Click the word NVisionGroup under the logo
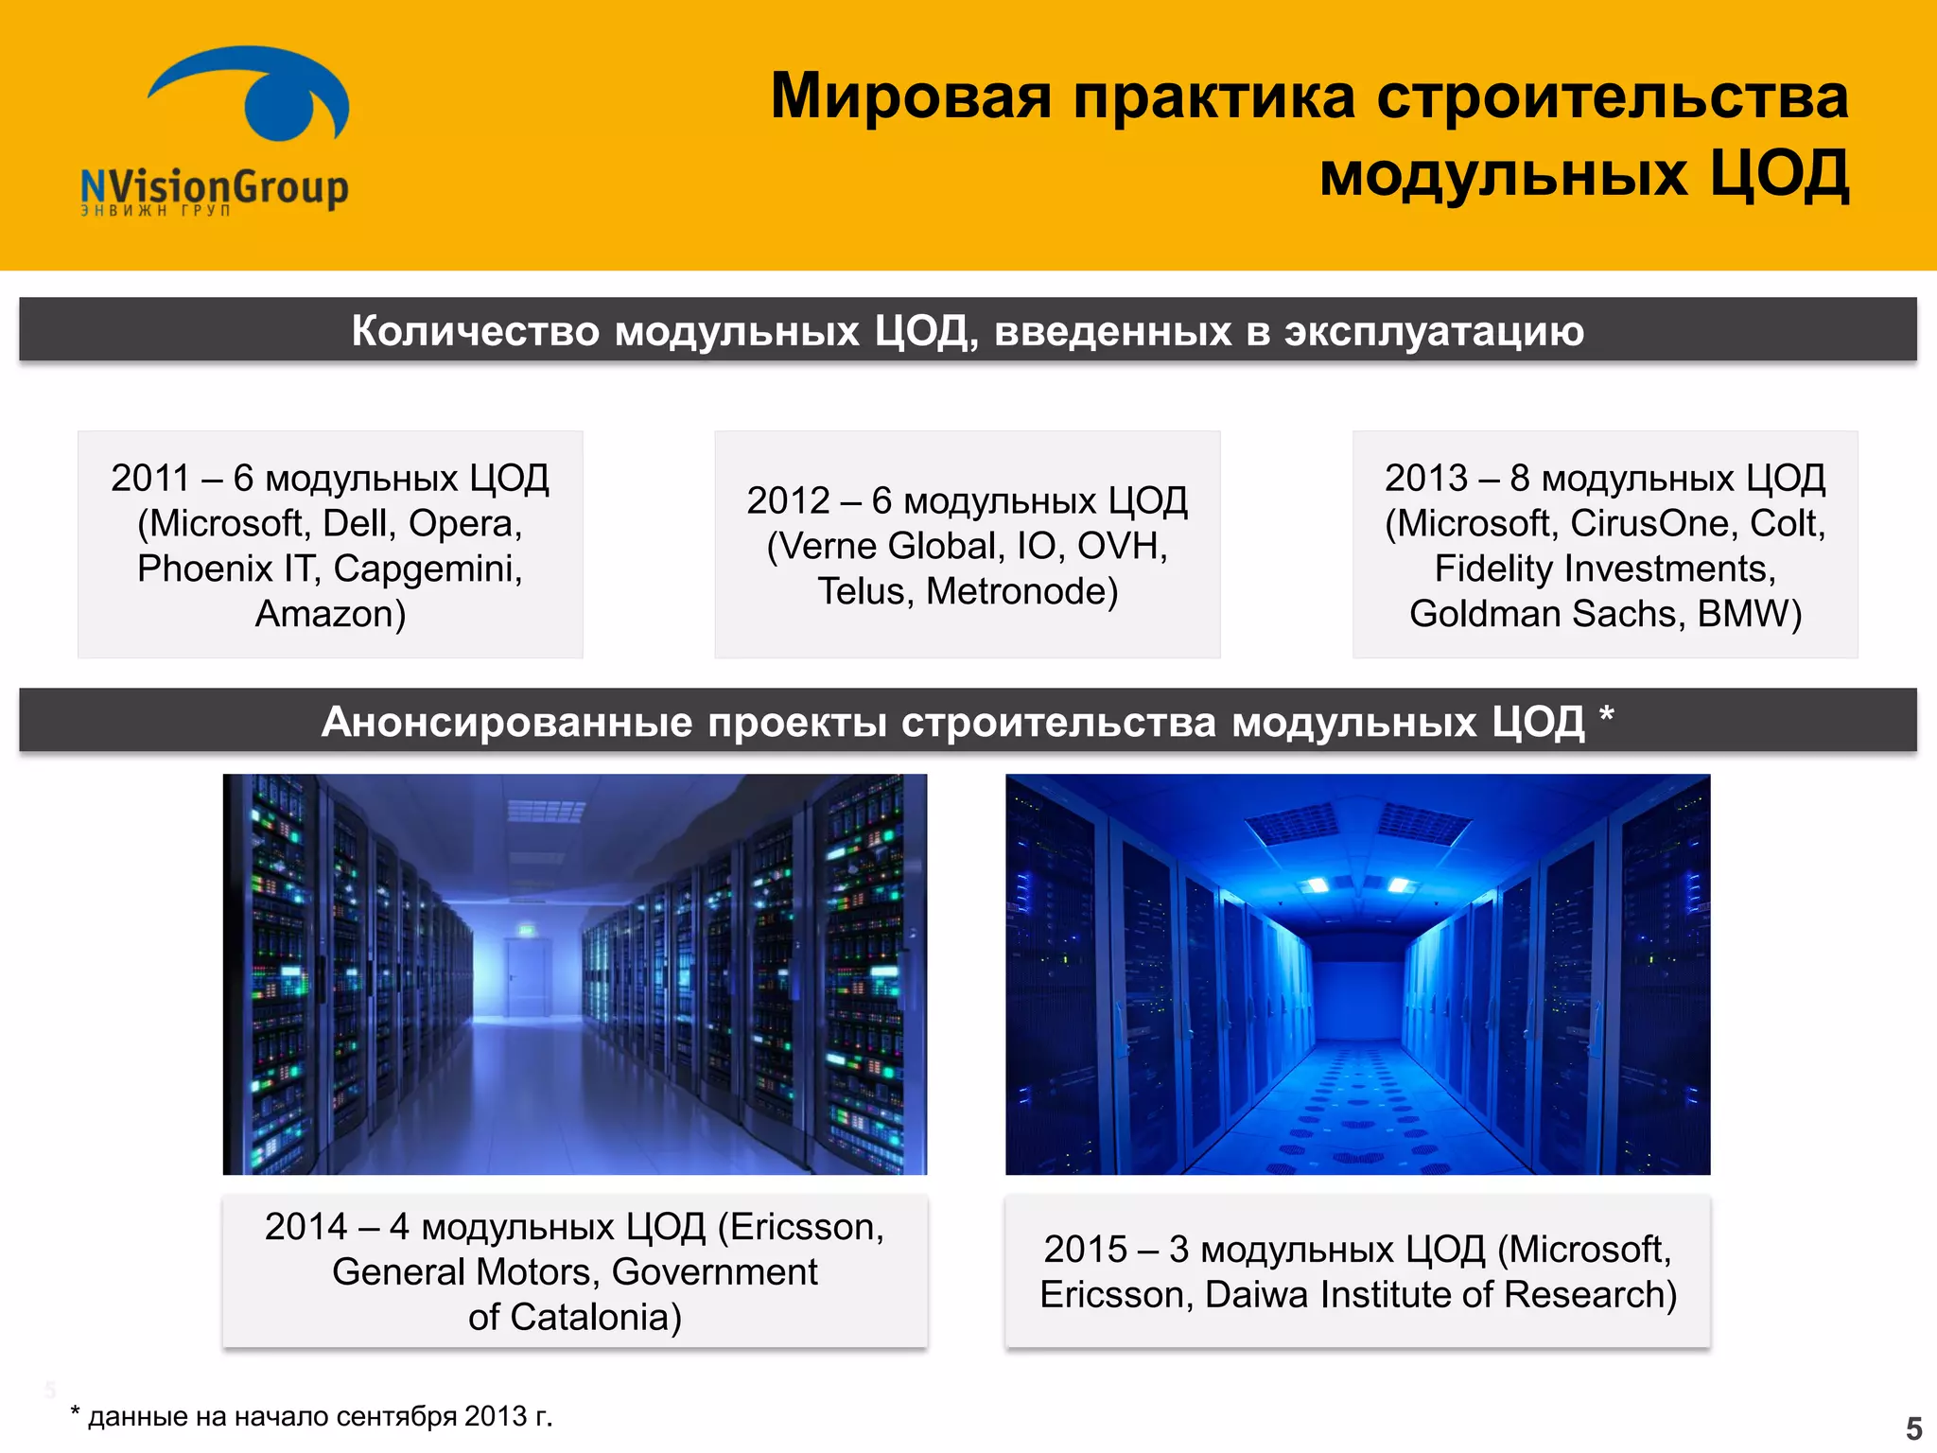215,186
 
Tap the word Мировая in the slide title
911,96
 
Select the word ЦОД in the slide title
1779,175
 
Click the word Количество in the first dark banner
475,331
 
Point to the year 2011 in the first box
150,479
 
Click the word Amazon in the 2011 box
324,615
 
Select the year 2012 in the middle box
788,501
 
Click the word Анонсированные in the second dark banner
507,723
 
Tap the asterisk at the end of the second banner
1606,715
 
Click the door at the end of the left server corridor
526,974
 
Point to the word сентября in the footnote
396,1416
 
